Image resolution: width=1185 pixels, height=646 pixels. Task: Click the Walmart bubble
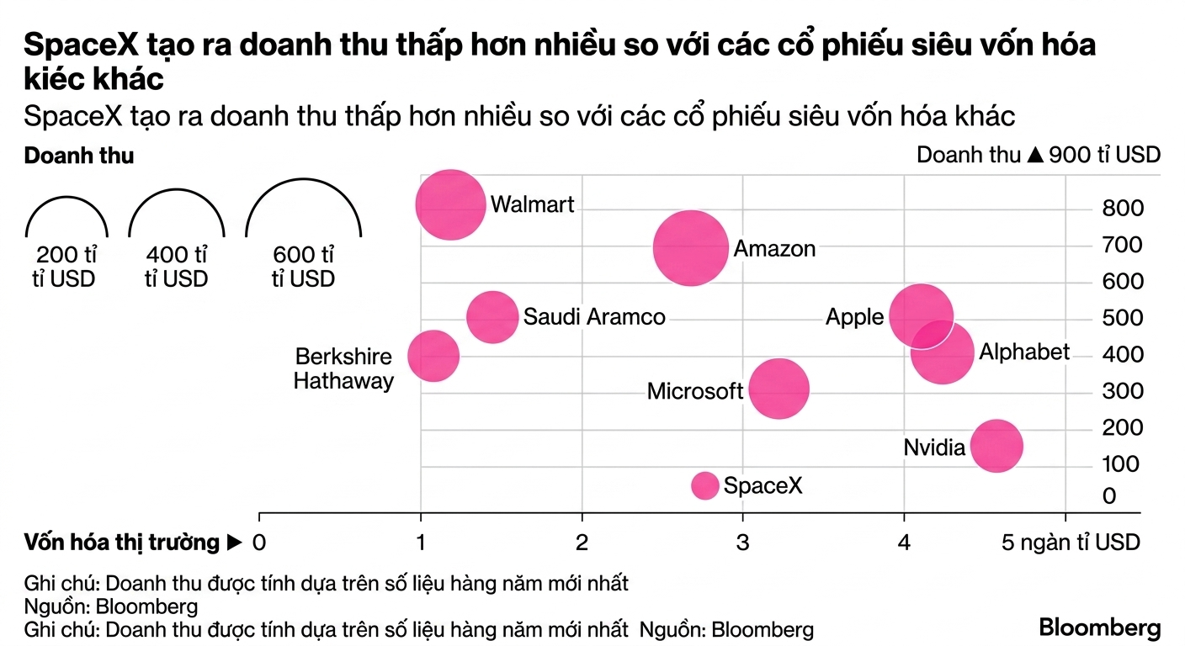[x=450, y=204]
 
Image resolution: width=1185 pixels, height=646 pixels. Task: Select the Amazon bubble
[x=690, y=248]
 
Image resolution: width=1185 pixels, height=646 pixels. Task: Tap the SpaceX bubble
[x=704, y=485]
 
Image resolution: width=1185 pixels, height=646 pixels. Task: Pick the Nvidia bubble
[x=996, y=446]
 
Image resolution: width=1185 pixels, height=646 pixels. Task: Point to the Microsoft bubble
[x=778, y=389]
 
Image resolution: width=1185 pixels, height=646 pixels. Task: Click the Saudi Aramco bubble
[x=492, y=317]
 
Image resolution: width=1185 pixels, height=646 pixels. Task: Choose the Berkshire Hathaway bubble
[x=433, y=357]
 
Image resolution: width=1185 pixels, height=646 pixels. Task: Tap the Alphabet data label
[x=1024, y=352]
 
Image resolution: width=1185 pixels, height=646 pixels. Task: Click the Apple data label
[x=854, y=317]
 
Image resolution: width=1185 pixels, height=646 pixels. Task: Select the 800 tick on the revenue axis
[x=1123, y=208]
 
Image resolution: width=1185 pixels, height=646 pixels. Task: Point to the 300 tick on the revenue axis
[x=1123, y=391]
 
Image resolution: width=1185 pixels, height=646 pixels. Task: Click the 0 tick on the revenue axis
[x=1109, y=496]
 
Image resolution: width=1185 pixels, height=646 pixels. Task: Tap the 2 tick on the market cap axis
[x=582, y=543]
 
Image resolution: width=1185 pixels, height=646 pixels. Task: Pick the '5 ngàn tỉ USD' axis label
[x=1071, y=543]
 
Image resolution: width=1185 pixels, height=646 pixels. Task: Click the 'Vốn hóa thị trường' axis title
[x=122, y=543]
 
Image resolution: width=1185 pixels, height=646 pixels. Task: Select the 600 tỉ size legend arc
[x=304, y=180]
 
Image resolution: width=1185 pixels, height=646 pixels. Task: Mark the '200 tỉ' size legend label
[x=66, y=255]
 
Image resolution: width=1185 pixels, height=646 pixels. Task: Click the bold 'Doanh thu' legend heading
[x=79, y=156]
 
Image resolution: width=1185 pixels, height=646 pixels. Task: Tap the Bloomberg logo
[x=1100, y=628]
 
